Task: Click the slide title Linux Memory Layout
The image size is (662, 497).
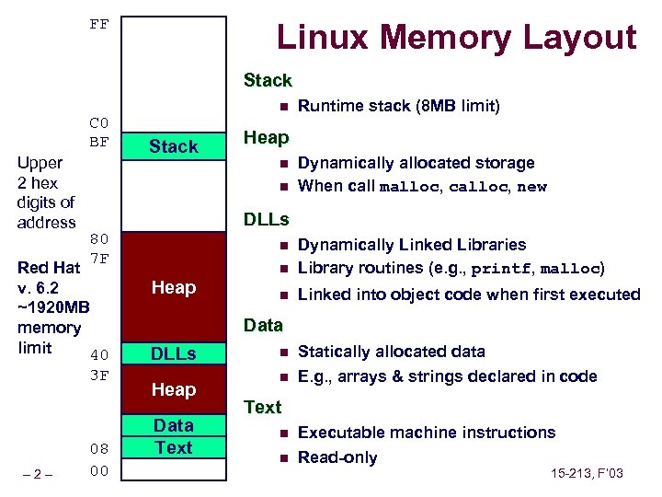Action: tap(456, 38)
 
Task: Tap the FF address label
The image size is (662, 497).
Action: tap(99, 24)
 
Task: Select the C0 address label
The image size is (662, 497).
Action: tap(99, 123)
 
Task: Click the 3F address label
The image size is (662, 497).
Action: tap(99, 375)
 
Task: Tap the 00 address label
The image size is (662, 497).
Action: tap(99, 471)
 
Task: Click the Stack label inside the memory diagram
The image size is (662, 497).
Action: tap(173, 146)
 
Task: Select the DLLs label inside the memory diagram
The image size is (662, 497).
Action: tap(173, 353)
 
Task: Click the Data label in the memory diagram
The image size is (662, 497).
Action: tap(173, 425)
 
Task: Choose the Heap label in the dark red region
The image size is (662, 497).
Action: tap(173, 288)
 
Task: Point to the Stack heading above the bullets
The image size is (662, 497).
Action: tap(268, 81)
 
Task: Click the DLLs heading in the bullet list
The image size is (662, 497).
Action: tap(266, 220)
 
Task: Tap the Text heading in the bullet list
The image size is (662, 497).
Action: tap(262, 407)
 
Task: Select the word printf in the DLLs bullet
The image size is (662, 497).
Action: tap(499, 269)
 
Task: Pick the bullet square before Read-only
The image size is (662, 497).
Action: tap(284, 457)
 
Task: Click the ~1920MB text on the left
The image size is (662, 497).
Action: tap(53, 307)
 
